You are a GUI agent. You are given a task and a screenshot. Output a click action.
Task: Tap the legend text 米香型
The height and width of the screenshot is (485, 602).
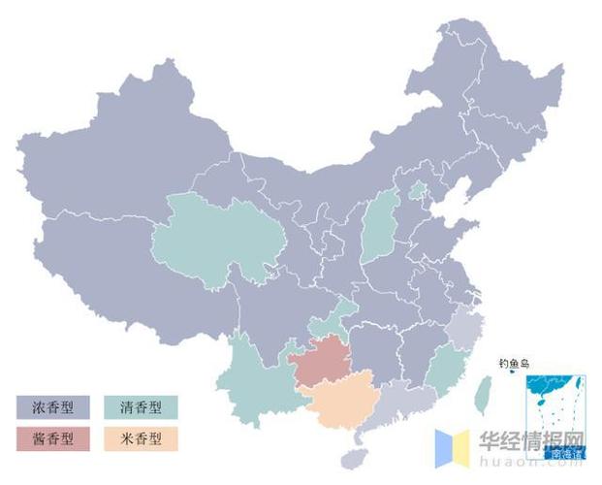coord(153,438)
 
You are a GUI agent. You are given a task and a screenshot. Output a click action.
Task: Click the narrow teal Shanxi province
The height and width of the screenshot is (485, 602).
coord(381,228)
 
